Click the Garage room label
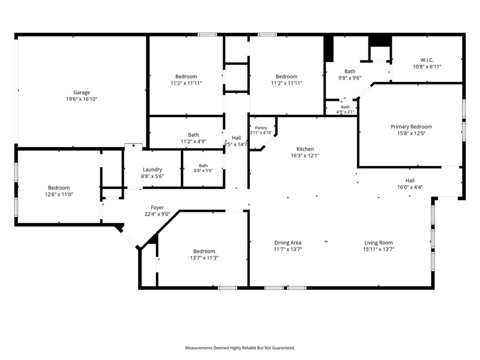82,92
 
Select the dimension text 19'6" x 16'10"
82,99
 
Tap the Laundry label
152,170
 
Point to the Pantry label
261,127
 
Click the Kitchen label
305,149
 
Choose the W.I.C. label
427,60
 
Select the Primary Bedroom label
412,127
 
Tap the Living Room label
379,242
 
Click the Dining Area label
288,242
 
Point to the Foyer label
157,208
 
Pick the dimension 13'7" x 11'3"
204,258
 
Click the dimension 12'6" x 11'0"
59,195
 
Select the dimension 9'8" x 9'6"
350,78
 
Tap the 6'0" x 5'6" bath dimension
203,171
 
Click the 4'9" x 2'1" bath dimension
345,112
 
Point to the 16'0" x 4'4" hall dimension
410,187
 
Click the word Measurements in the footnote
199,348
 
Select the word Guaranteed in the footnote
284,348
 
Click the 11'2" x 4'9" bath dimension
194,142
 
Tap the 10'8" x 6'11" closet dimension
427,67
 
